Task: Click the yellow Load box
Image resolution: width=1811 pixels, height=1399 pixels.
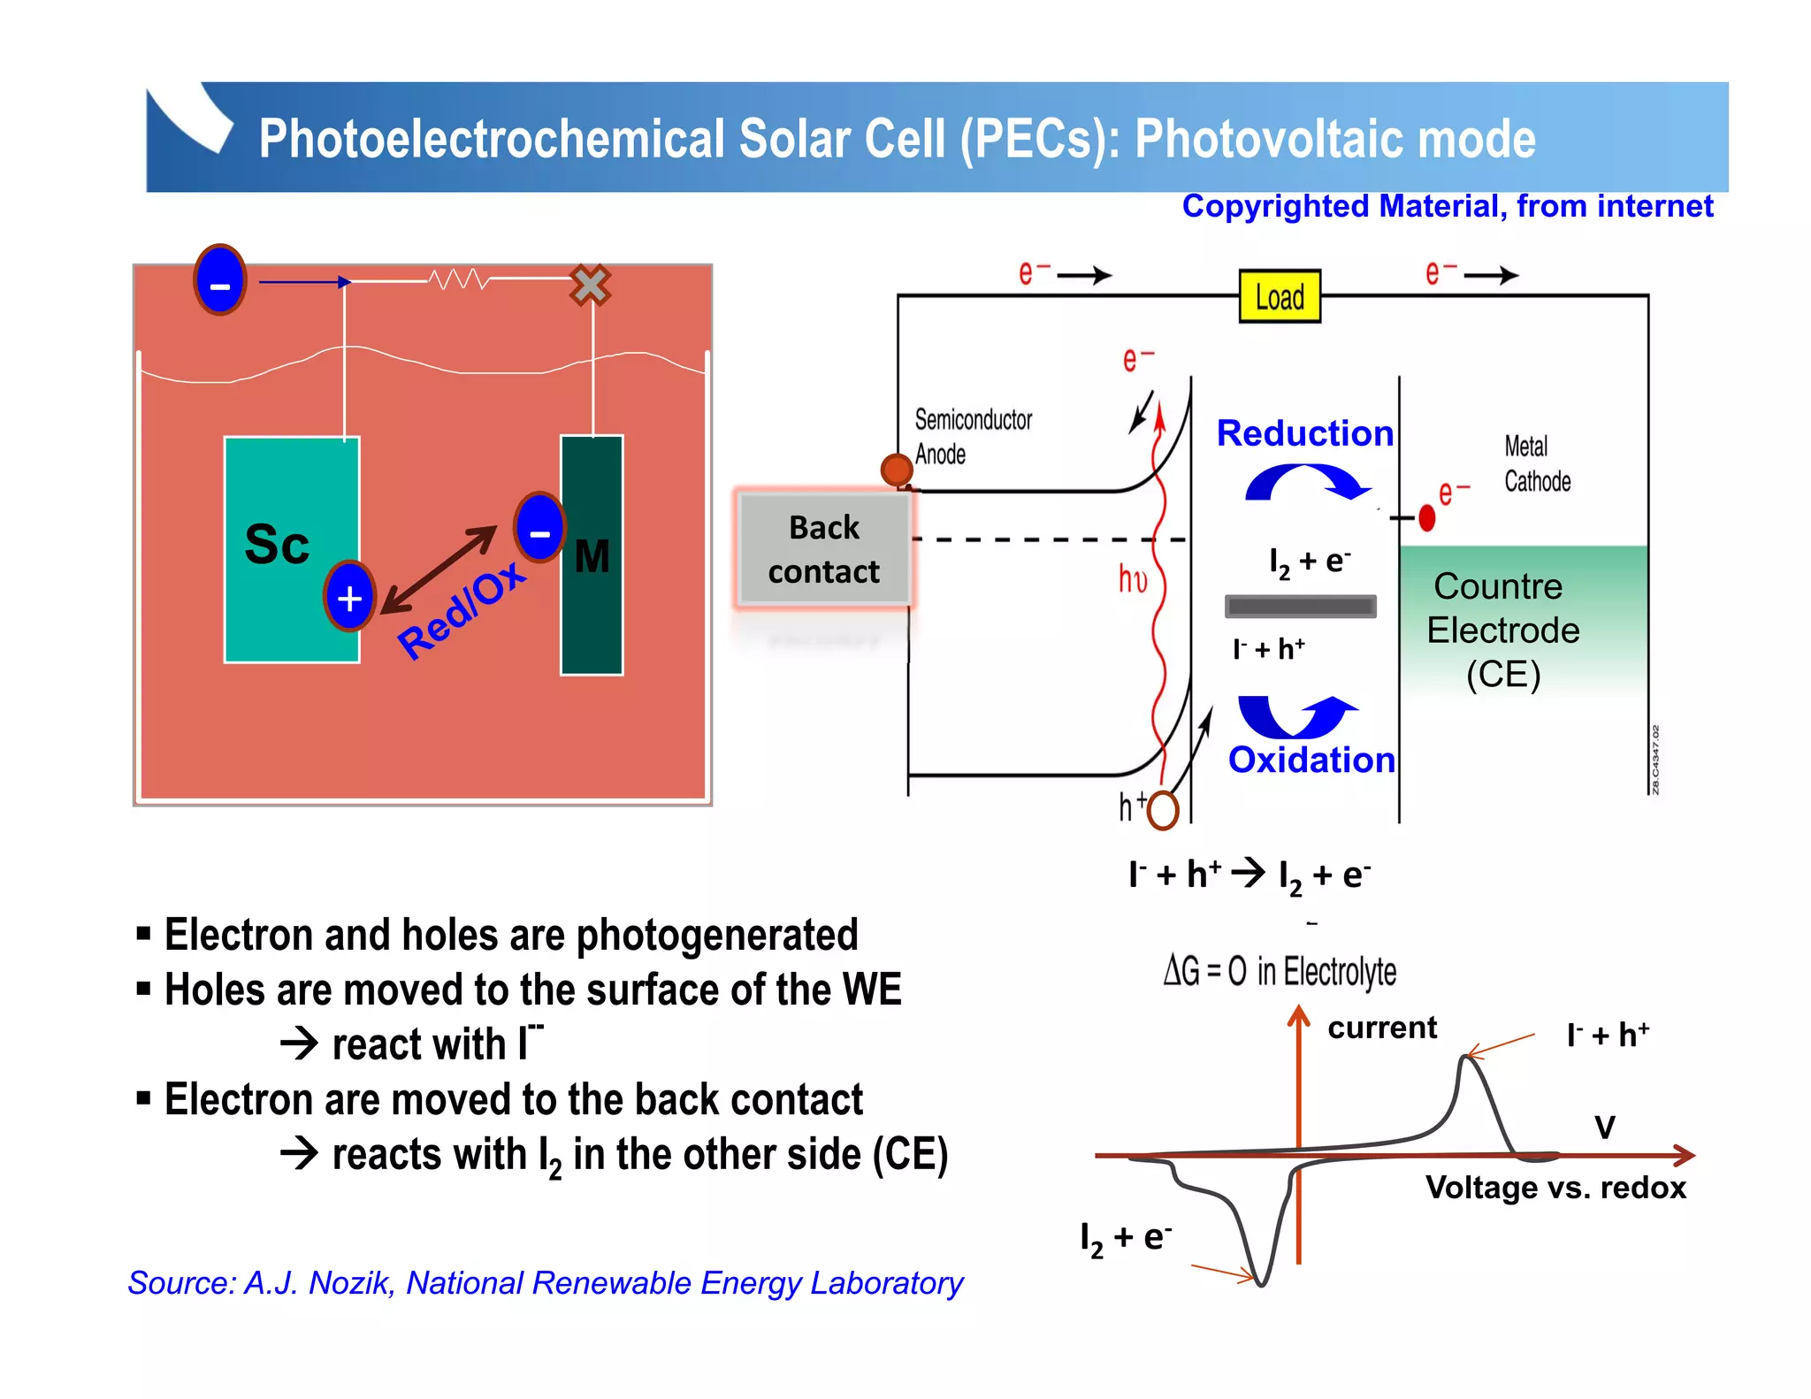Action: (x=1280, y=296)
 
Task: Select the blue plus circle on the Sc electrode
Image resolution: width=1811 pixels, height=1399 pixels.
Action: (x=350, y=597)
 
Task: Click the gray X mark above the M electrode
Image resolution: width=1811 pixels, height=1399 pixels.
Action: (x=590, y=285)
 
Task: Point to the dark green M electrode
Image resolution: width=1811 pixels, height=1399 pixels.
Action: (x=592, y=619)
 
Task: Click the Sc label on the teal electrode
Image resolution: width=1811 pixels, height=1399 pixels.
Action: (x=277, y=544)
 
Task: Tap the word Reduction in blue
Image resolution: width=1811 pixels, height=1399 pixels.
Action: (x=1304, y=433)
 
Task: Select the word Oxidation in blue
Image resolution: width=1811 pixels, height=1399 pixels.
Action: (x=1311, y=761)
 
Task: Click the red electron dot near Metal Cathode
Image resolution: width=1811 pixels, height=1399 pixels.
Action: (x=1426, y=518)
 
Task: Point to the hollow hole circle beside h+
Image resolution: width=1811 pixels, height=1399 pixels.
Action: (x=1163, y=809)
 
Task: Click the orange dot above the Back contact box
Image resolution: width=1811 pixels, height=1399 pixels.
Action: (x=897, y=470)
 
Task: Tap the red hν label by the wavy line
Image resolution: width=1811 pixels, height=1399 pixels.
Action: (x=1133, y=579)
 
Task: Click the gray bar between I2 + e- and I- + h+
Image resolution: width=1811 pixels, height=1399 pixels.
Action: (x=1300, y=606)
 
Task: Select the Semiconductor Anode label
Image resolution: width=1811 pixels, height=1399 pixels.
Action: (x=972, y=436)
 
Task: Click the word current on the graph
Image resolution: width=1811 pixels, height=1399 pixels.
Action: (x=1382, y=1028)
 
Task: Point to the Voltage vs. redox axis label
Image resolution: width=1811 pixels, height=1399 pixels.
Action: (x=1555, y=1188)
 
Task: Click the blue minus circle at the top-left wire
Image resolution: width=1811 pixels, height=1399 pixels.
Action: (x=220, y=280)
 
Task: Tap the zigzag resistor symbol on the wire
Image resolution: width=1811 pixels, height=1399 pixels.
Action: (x=458, y=279)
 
